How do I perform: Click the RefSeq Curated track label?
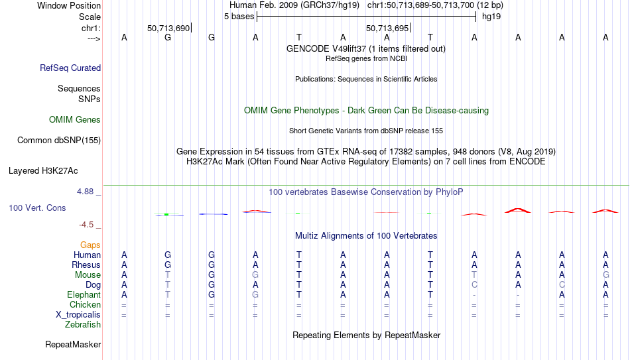point(70,68)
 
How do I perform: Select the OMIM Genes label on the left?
point(75,120)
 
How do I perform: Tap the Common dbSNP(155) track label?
point(59,141)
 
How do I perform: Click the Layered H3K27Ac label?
point(43,171)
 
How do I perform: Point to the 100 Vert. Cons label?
point(37,208)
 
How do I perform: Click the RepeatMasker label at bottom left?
point(73,344)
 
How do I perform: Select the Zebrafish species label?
point(83,324)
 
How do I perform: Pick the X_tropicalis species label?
point(78,315)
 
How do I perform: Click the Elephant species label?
point(84,294)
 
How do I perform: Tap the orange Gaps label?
point(90,245)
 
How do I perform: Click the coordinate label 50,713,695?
point(387,28)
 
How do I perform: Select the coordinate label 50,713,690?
point(168,28)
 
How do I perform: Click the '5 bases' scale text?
point(239,17)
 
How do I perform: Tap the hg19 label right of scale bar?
point(491,17)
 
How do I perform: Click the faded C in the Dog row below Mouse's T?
point(475,285)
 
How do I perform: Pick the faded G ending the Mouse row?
point(606,275)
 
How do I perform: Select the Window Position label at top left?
point(69,5)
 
